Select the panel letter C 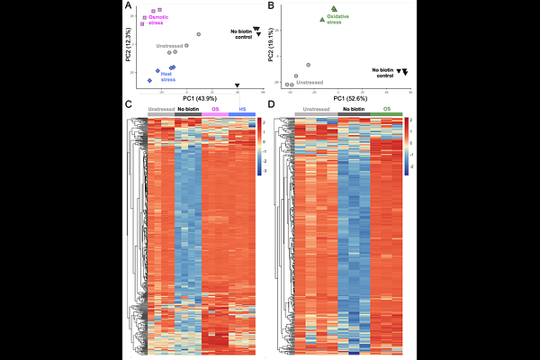(130, 105)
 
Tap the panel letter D (273, 105)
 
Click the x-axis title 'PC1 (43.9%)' (200, 96)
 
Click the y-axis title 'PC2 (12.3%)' (130, 45)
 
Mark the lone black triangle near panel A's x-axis (238, 85)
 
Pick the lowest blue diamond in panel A (150, 81)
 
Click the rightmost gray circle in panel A (198, 34)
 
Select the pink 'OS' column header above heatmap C (214, 109)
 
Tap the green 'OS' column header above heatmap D (387, 109)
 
